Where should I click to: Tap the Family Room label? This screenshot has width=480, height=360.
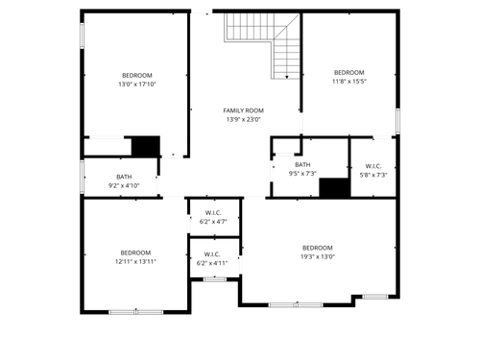(x=244, y=110)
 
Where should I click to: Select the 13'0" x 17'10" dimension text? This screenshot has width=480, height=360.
(x=136, y=84)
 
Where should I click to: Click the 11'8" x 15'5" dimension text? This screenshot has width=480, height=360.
(x=348, y=82)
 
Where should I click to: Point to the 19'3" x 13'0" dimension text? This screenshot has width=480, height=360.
(x=317, y=256)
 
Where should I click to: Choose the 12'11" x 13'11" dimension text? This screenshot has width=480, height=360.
(x=135, y=261)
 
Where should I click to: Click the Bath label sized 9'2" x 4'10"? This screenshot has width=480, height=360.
(x=124, y=177)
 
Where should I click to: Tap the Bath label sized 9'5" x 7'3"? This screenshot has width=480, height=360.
(x=303, y=165)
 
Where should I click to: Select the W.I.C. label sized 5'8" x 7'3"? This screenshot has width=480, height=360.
(x=373, y=166)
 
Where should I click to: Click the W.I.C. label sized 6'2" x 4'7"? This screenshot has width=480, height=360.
(x=212, y=212)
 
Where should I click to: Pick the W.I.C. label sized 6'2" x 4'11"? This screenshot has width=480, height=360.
(x=212, y=254)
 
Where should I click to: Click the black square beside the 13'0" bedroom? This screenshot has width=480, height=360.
(x=145, y=145)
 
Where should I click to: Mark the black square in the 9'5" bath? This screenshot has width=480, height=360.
(x=333, y=187)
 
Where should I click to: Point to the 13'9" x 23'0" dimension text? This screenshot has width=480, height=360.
(x=244, y=119)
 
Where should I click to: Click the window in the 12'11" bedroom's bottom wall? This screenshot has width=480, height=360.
(x=135, y=311)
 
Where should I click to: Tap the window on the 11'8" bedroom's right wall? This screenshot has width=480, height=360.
(x=396, y=122)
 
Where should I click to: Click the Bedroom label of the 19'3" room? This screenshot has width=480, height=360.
(x=317, y=248)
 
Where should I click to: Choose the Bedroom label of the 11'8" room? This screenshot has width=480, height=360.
(x=348, y=73)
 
